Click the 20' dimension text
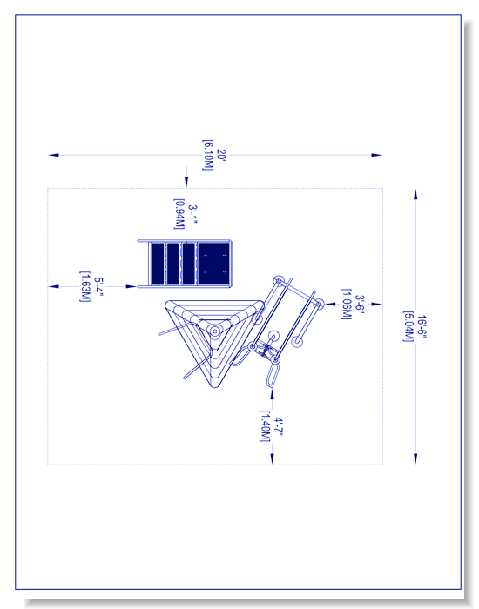click(221, 155)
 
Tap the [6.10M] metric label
click(208, 155)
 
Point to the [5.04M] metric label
click(408, 326)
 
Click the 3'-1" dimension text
click(192, 214)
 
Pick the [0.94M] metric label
click(179, 214)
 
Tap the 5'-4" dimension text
click(98, 286)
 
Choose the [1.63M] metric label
click(85, 286)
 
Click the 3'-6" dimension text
click(360, 304)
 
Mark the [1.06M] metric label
click(347, 304)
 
